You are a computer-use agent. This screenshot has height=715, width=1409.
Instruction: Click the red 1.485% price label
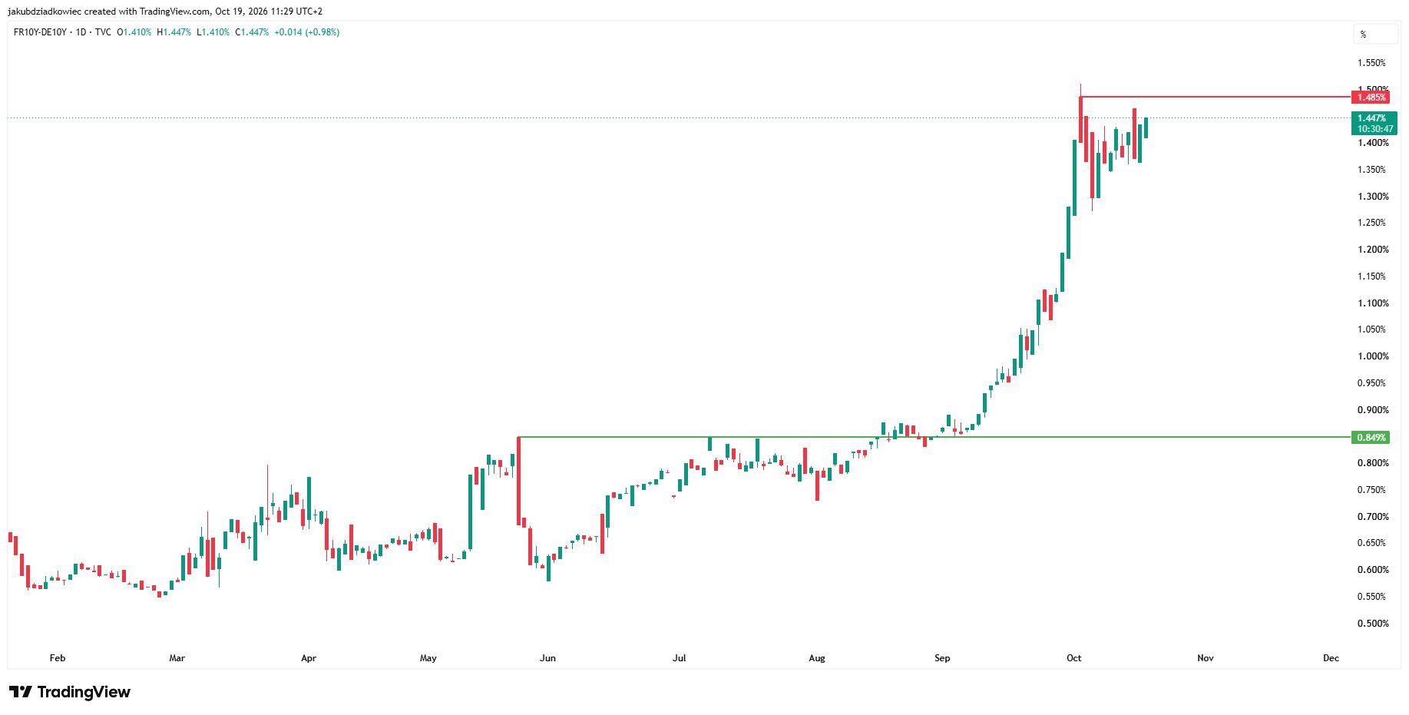point(1371,98)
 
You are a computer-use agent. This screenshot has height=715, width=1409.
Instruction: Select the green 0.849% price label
point(1371,438)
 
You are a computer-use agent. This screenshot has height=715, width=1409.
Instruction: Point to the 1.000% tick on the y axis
point(1373,356)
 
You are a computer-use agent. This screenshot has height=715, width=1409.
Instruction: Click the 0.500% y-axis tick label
point(1373,624)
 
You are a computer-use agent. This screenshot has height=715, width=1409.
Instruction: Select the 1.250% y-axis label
point(1373,223)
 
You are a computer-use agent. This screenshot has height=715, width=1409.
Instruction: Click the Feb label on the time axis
point(58,658)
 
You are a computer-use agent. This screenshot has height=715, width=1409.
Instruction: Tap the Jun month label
point(547,658)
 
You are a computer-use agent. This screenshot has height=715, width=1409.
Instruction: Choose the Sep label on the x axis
point(942,658)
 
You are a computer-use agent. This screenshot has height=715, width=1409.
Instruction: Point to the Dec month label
point(1331,658)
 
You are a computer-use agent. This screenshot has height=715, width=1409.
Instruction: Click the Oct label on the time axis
point(1074,658)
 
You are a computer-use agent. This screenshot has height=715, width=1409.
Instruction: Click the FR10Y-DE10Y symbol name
point(40,32)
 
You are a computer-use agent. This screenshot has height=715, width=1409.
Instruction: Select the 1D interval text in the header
point(81,32)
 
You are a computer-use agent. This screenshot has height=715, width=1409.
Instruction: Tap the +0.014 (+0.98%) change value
point(307,32)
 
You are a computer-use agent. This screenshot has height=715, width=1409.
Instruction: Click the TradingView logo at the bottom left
point(70,692)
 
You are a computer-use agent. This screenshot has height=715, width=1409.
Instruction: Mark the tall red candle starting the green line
point(519,481)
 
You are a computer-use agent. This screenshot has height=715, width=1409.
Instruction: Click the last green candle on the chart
point(1146,127)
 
